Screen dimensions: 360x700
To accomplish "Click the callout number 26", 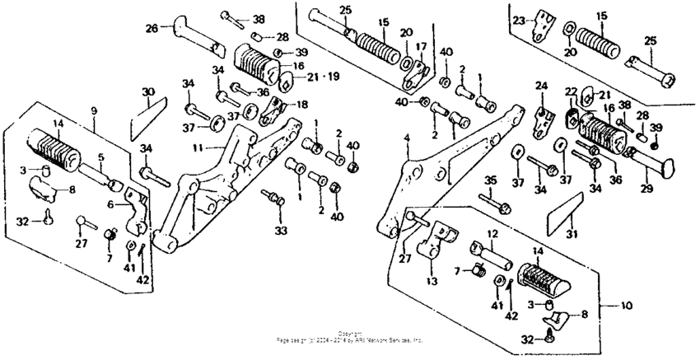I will (x=152, y=28).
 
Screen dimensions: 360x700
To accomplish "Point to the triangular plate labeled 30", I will (x=147, y=115).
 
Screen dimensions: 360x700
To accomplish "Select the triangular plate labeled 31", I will (x=562, y=213).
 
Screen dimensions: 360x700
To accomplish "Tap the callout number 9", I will (x=93, y=110).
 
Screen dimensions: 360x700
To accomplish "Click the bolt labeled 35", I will (x=496, y=199).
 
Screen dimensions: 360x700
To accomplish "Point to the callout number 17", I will (x=421, y=46).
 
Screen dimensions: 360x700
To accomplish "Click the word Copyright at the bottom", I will (x=350, y=333).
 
